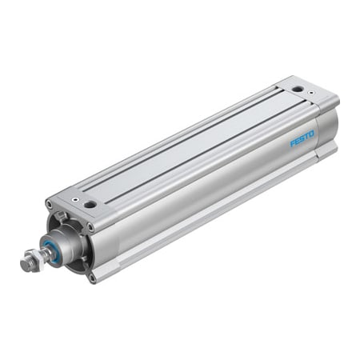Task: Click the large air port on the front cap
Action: [90, 205]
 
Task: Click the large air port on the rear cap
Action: [298, 89]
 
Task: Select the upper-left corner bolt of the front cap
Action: [50, 206]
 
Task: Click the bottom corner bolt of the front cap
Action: [93, 277]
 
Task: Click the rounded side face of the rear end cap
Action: [328, 132]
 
